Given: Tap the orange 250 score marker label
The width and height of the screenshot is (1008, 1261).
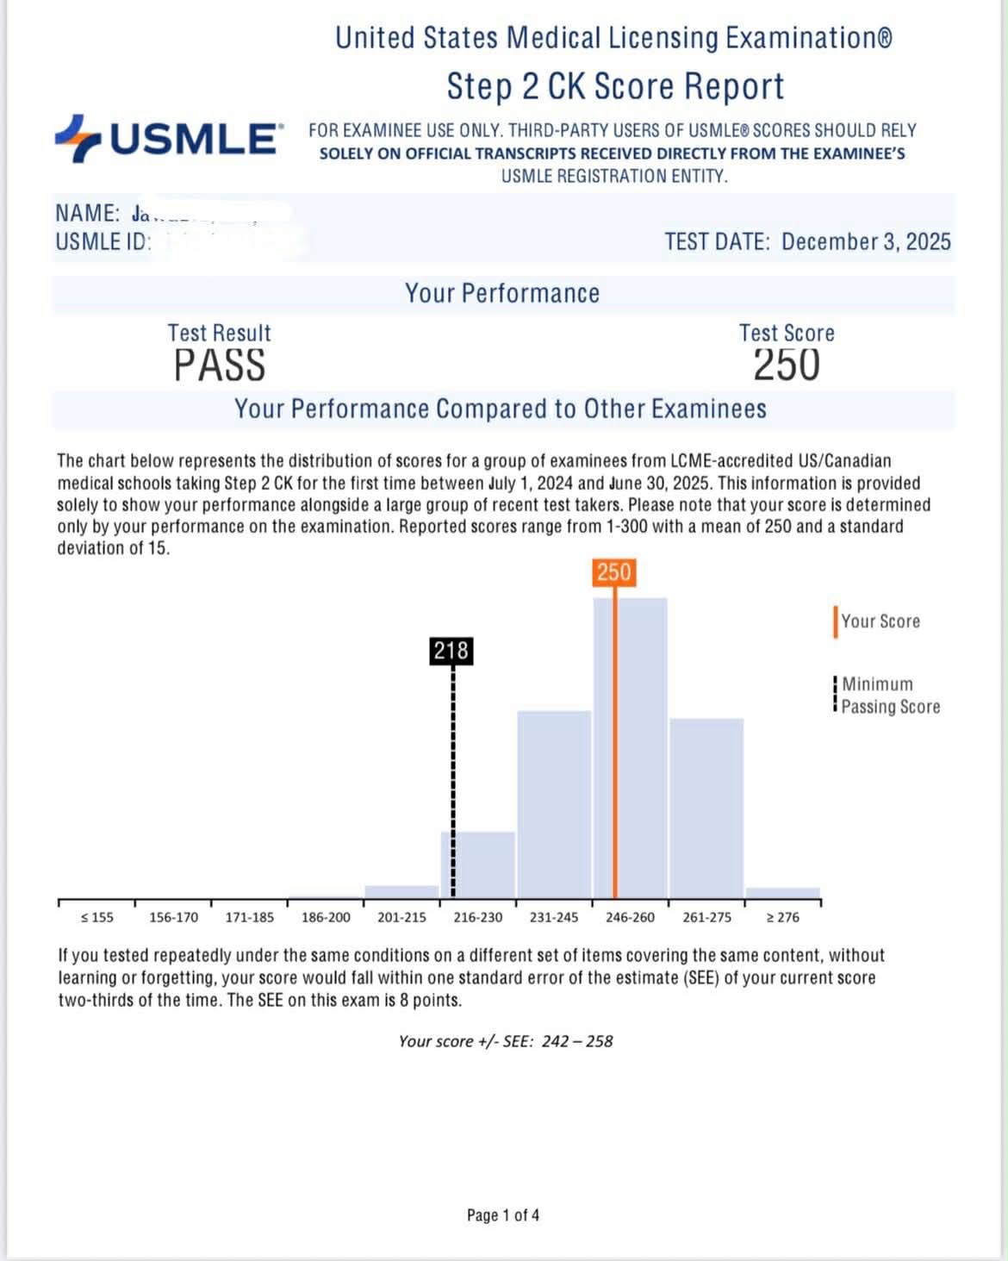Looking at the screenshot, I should point(614,572).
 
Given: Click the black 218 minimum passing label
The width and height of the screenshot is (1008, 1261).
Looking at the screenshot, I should point(451,651).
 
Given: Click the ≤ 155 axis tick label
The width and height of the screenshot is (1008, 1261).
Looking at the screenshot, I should point(96,917).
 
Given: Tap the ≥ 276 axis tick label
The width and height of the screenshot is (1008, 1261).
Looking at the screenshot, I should point(782,917).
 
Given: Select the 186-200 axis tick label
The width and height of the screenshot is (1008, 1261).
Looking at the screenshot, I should point(326,917).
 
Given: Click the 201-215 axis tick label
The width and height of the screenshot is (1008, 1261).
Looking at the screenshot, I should point(401,917).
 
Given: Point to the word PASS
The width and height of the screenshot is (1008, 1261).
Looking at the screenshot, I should point(220,365).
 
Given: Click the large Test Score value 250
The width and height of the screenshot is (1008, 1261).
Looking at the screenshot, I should point(787,365).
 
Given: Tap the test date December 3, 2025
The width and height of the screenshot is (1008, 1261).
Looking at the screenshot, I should point(866,241).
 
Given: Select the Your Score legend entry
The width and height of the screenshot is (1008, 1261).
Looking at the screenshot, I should point(880,621).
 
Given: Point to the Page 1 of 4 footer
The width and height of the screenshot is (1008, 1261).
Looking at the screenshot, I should point(503,1215).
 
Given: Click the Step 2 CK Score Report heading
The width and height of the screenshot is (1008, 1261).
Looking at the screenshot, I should point(615,86).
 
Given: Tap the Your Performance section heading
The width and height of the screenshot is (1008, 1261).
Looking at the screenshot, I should point(502,293).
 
